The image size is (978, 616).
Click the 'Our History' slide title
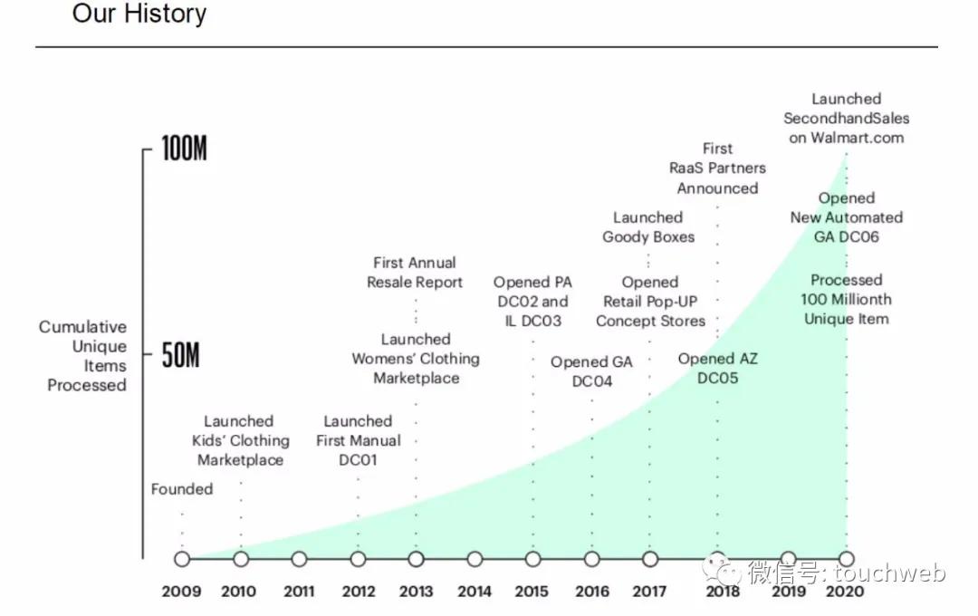(x=139, y=14)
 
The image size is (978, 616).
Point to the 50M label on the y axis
(x=180, y=356)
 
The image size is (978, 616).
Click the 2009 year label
(x=181, y=592)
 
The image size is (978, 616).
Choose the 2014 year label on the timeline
(x=474, y=592)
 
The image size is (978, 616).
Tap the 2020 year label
(x=845, y=592)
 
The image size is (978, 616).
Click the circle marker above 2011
(x=299, y=559)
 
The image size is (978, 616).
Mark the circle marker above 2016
(x=591, y=559)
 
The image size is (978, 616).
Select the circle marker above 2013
(x=416, y=559)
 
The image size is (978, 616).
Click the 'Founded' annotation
(x=182, y=489)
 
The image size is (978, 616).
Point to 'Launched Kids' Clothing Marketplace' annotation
(x=240, y=440)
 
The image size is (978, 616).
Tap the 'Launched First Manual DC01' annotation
(x=358, y=440)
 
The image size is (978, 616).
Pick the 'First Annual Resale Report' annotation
(x=415, y=273)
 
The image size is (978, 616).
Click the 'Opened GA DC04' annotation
(x=591, y=371)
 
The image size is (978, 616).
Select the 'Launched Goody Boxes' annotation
(x=648, y=227)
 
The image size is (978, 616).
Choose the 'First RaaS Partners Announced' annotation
(x=717, y=168)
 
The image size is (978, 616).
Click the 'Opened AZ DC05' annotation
(x=718, y=369)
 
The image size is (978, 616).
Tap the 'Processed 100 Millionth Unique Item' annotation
(x=846, y=300)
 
